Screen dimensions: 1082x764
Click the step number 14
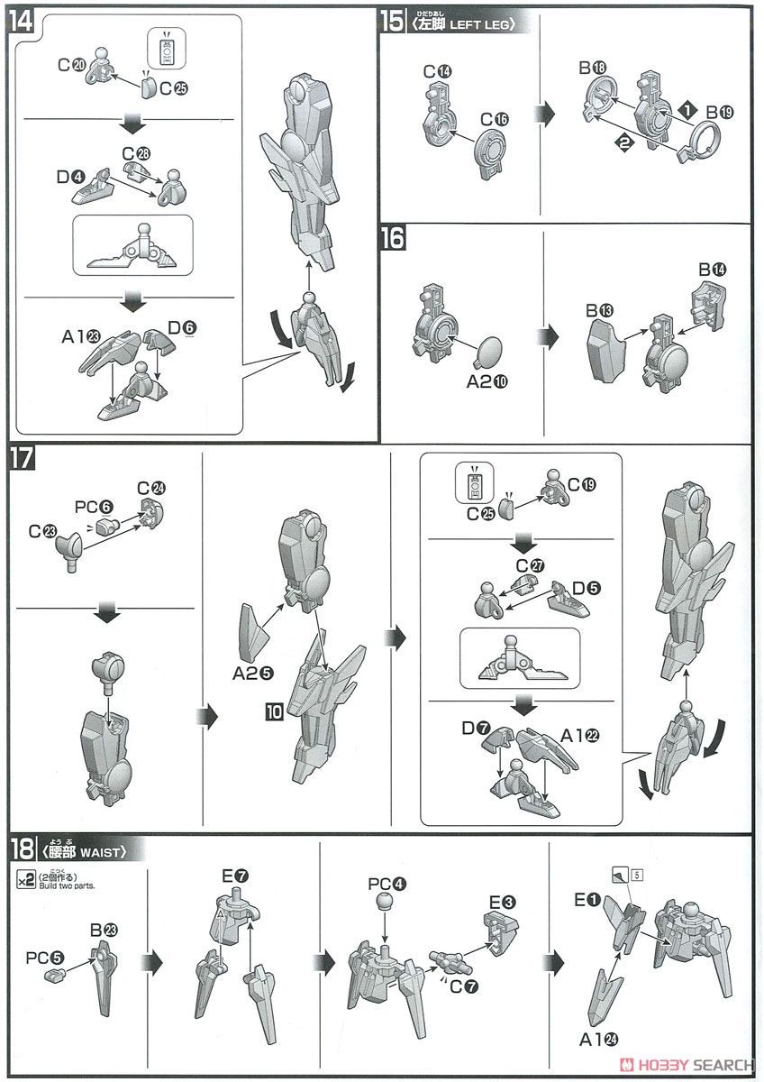21,22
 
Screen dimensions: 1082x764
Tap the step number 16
394,238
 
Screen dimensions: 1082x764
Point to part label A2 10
487,382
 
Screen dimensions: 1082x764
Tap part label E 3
502,901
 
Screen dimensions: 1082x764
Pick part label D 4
69,177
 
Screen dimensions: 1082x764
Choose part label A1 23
79,336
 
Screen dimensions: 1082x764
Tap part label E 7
233,876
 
